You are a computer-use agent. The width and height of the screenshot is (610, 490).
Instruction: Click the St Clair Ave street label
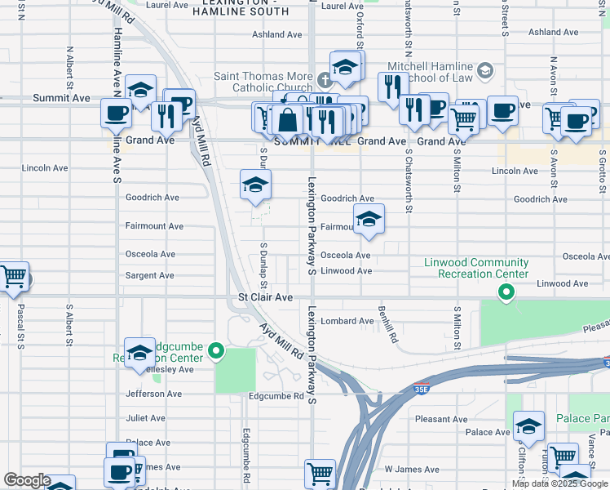click(265, 298)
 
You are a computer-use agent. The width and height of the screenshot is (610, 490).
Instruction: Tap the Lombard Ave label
click(347, 322)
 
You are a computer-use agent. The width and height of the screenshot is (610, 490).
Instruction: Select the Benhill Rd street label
click(387, 324)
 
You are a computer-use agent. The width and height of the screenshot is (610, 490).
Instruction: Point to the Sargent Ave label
click(150, 276)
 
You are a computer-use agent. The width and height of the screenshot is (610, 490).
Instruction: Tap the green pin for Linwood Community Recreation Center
click(506, 292)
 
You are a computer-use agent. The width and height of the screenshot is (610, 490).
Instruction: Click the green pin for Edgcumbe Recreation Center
click(216, 353)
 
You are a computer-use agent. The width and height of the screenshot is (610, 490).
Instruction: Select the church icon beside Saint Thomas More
click(325, 80)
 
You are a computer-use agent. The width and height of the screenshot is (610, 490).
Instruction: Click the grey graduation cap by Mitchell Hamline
click(486, 71)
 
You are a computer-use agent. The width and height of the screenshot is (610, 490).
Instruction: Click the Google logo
click(26, 480)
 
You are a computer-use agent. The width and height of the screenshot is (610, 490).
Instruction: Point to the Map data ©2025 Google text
click(559, 483)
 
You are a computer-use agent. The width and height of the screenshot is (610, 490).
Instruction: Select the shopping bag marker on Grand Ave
click(288, 120)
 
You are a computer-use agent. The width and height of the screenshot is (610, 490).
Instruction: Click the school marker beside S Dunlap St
click(255, 185)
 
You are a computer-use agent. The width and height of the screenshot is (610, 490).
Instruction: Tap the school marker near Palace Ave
click(528, 425)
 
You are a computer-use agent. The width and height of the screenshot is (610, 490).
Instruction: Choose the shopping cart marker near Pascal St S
click(13, 278)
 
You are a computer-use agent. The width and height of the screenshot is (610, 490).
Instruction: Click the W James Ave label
click(405, 470)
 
